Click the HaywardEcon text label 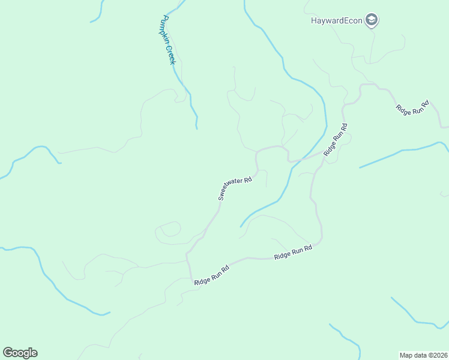click(x=337, y=20)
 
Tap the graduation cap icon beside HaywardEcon click(x=372, y=20)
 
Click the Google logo click(x=20, y=353)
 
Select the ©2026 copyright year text click(x=437, y=355)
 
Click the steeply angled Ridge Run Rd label click(x=336, y=140)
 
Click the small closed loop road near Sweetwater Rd click(x=169, y=229)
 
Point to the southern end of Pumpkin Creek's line click(x=196, y=128)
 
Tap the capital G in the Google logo click(x=8, y=352)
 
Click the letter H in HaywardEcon click(x=313, y=20)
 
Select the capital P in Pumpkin click(x=160, y=19)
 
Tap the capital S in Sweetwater click(x=220, y=197)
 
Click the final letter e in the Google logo click(x=34, y=353)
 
